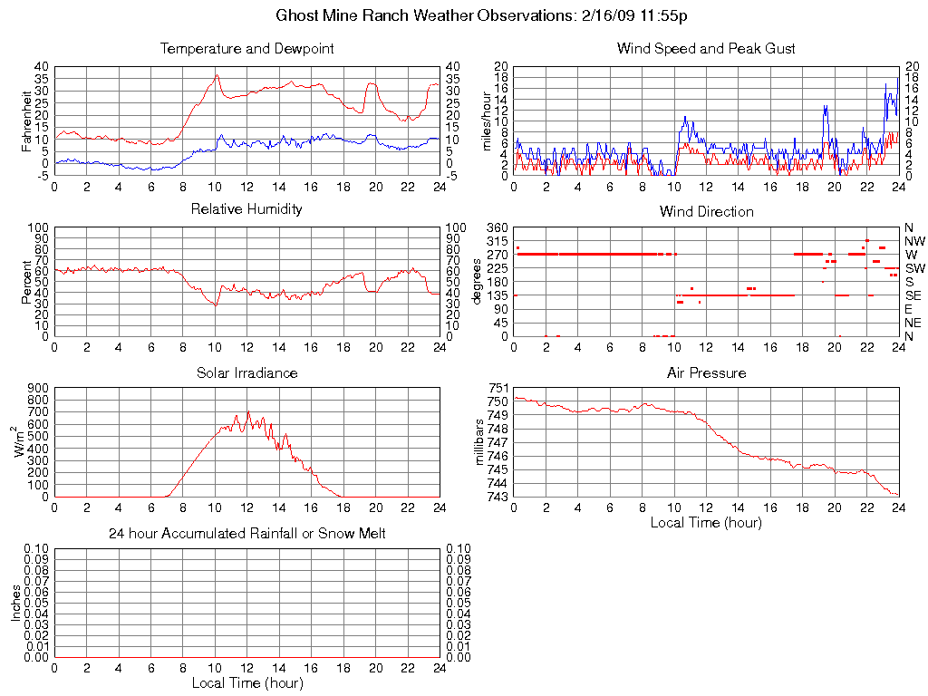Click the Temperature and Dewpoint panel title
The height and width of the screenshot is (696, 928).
point(246,48)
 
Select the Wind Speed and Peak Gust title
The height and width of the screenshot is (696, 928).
point(706,48)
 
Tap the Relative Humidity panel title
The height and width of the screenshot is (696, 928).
point(246,209)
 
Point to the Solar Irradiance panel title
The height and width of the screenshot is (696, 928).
point(246,372)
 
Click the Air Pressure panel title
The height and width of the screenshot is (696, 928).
point(706,372)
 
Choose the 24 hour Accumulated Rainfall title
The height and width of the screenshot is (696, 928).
point(246,534)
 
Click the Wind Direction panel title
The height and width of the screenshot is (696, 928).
point(706,211)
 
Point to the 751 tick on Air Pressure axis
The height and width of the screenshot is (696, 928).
point(498,388)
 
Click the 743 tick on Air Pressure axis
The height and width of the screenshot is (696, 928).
point(498,497)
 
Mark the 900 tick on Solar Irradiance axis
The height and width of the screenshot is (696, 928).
point(38,388)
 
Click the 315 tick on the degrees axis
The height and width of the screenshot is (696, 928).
point(497,241)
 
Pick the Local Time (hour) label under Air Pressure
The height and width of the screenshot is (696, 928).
point(706,523)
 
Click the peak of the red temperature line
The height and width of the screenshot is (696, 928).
point(217,75)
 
